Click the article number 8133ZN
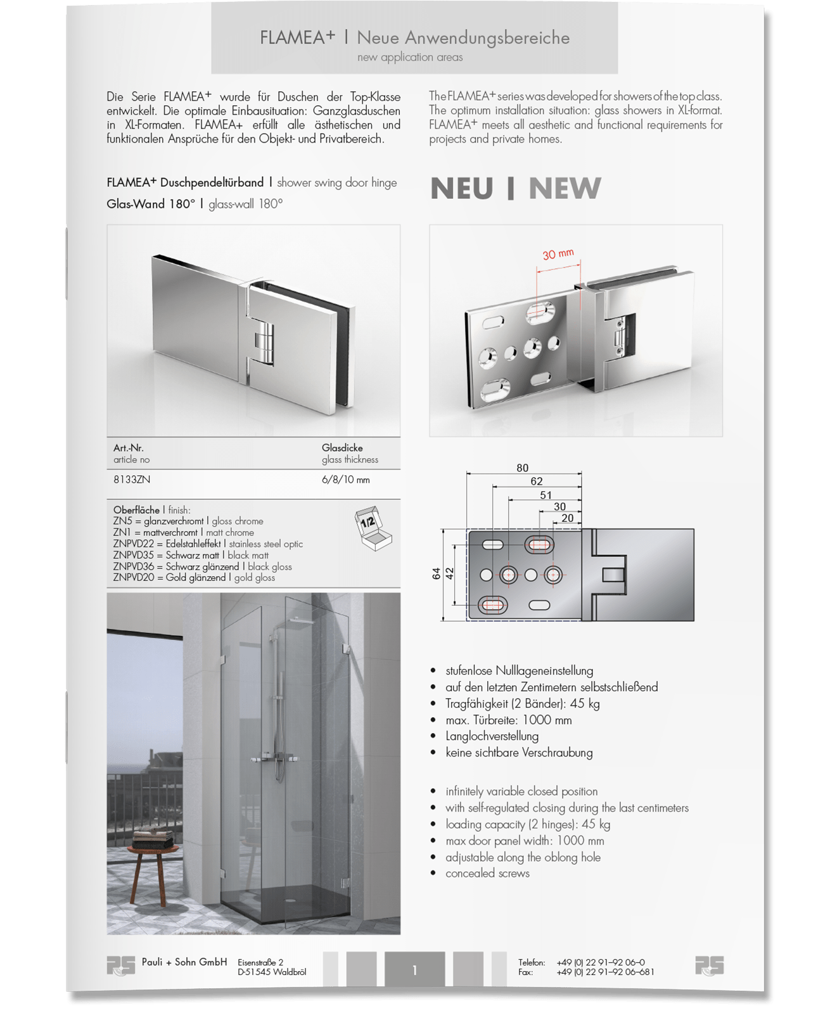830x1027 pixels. tap(132, 480)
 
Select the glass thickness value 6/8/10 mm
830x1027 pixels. tap(345, 480)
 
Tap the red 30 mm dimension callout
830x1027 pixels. tap(558, 254)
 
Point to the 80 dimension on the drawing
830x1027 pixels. tap(522, 468)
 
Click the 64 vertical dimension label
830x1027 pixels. tap(436, 574)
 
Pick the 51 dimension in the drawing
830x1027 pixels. tap(546, 495)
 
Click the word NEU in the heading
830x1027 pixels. tap(461, 188)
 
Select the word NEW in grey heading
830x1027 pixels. tap(565, 188)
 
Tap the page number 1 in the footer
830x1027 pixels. tap(414, 970)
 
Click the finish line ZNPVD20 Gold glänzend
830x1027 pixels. tap(194, 578)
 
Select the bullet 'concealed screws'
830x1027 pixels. tap(487, 873)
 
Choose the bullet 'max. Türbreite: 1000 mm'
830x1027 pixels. tap(508, 720)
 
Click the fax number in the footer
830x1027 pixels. tap(605, 973)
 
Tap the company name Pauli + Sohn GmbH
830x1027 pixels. tap(184, 962)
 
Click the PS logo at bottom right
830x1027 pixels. tap(709, 966)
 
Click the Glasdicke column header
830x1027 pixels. tap(342, 448)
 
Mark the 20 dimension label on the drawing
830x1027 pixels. tap(567, 518)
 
